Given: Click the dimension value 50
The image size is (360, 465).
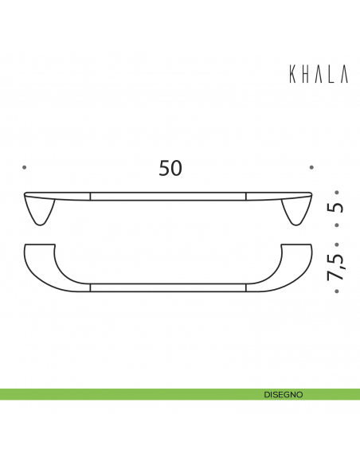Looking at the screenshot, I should (x=170, y=168).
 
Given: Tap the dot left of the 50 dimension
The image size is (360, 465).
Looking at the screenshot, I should (x=25, y=167).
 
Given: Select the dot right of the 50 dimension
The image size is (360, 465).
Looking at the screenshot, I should (x=311, y=167).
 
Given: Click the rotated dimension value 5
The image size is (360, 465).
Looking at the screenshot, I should (x=337, y=209).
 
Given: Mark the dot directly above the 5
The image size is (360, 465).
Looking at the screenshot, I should (x=337, y=192).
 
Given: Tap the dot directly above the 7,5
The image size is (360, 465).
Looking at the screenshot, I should (x=337, y=244).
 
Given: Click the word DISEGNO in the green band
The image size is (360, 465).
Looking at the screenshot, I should (x=283, y=394).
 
